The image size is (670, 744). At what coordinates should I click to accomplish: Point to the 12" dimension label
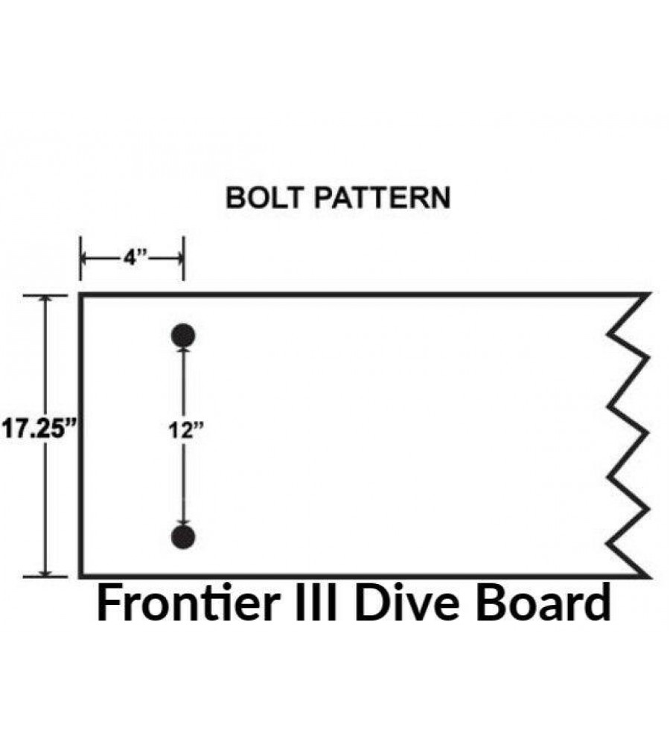(x=185, y=430)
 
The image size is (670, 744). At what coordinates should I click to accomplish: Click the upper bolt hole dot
(x=183, y=336)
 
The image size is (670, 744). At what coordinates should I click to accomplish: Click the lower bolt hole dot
(x=183, y=537)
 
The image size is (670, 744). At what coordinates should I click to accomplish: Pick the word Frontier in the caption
(x=188, y=603)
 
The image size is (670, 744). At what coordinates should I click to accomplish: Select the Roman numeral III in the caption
(x=316, y=603)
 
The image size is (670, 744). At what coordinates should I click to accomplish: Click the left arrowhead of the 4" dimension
(x=84, y=259)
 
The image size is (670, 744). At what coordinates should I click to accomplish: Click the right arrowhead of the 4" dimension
(x=179, y=259)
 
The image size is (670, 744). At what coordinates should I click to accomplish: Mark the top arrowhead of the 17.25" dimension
(x=45, y=299)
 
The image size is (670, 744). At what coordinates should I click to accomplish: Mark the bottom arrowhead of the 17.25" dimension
(x=45, y=573)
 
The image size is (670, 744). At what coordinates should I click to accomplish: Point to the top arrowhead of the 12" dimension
(x=183, y=350)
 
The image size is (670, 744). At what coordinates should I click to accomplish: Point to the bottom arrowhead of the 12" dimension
(x=183, y=522)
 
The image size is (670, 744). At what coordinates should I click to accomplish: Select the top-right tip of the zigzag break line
(x=648, y=295)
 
